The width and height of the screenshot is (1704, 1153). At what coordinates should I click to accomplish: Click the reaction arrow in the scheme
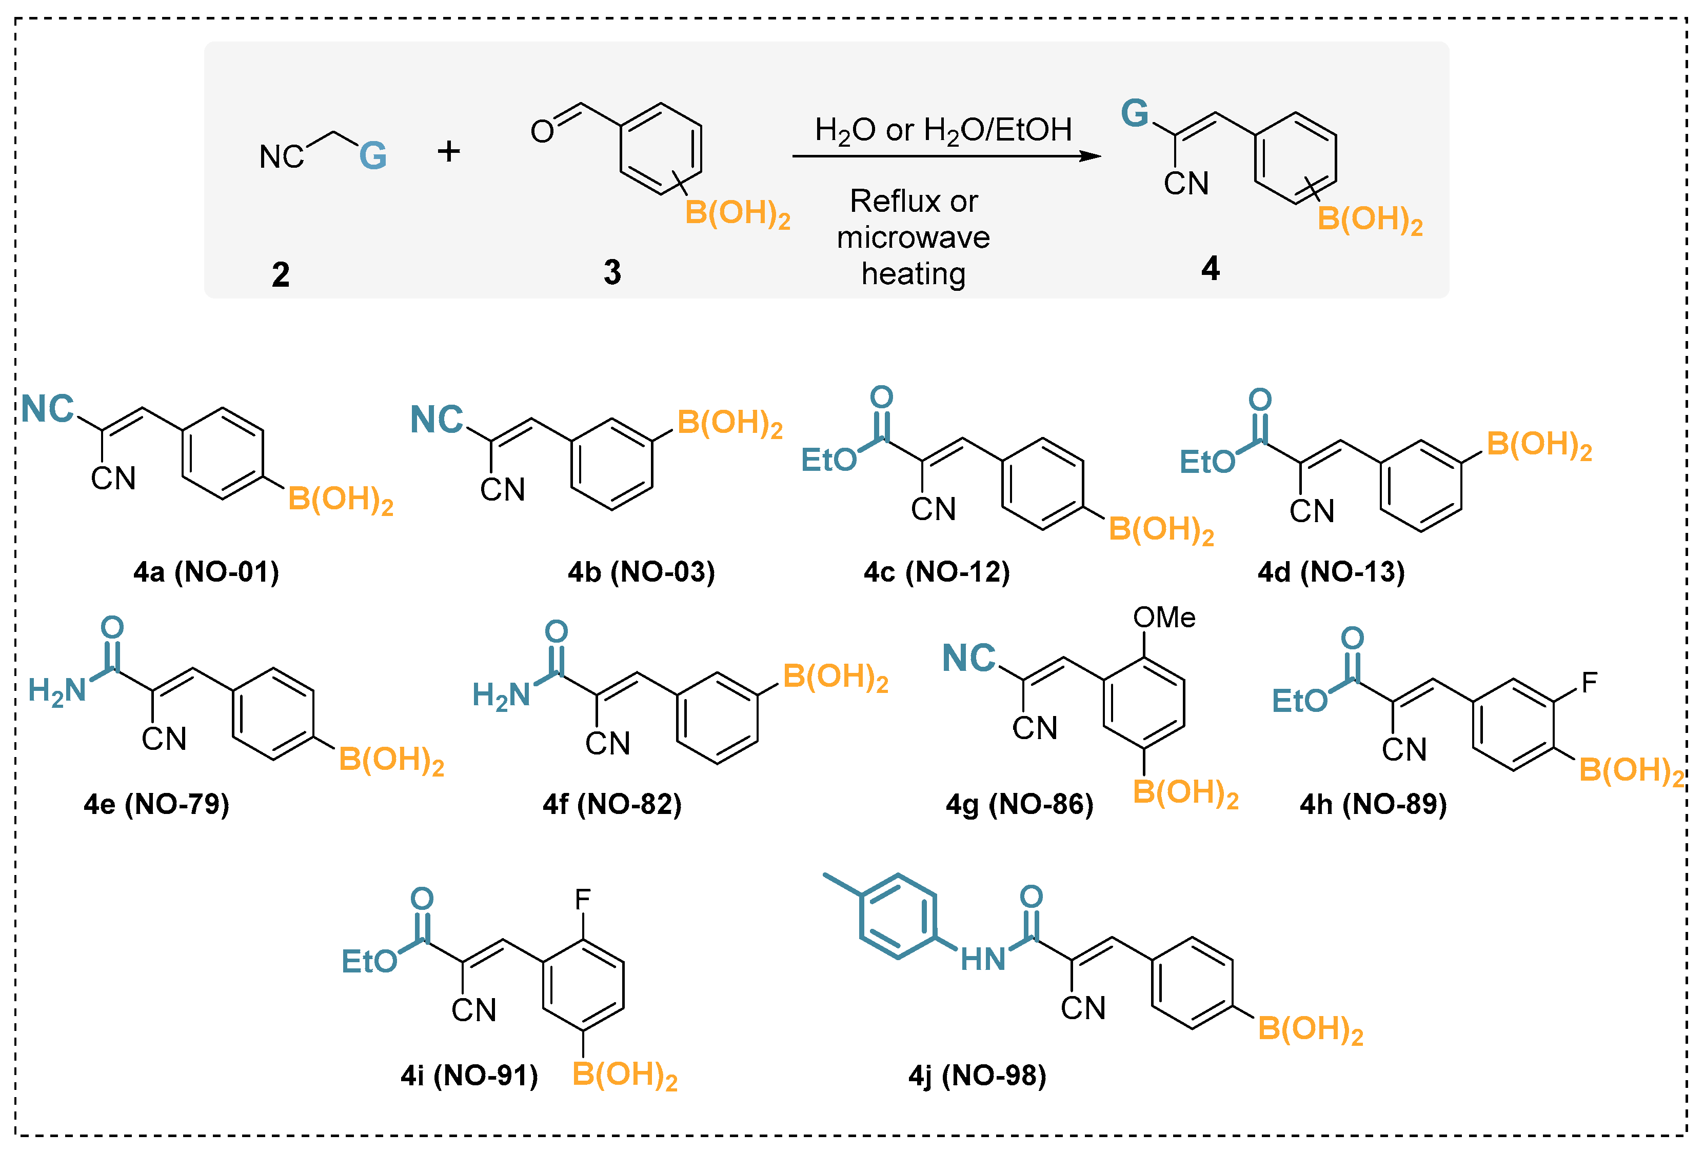point(946,156)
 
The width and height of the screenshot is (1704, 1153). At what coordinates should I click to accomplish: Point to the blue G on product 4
point(1134,114)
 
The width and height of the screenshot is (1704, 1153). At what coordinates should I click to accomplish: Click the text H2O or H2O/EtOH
point(943,130)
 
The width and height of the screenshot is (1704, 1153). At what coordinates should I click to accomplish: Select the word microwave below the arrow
point(913,237)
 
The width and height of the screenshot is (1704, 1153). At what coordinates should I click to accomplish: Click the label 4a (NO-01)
point(206,572)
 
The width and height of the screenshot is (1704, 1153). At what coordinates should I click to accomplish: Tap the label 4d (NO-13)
point(1331,572)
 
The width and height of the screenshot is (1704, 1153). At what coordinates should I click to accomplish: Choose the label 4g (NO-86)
point(1019,805)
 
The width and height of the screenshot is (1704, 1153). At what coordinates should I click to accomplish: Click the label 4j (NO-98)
point(977,1076)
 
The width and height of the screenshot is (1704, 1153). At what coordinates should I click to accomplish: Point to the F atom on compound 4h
point(1589,683)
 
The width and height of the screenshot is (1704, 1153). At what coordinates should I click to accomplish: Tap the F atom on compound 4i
point(582,900)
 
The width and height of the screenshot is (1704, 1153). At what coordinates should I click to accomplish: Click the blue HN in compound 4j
point(982,959)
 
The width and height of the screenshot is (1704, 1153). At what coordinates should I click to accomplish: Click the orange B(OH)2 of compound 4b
point(729,423)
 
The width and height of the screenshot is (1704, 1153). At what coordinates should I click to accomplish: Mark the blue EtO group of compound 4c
point(828,460)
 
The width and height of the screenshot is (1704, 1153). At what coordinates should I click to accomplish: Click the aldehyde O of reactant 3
point(542,132)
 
